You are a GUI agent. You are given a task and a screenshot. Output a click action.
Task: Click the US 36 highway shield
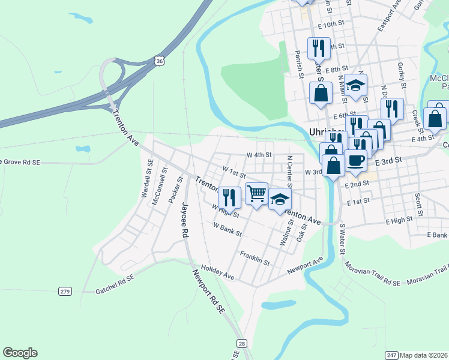(158, 61)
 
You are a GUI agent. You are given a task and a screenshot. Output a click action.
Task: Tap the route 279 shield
(65, 291)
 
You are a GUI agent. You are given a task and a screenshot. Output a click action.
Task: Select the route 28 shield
(242, 343)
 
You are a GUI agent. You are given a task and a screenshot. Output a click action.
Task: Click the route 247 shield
(391, 355)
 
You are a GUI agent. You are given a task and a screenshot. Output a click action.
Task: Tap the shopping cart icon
(256, 193)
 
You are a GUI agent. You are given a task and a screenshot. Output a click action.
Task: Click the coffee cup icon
(356, 160)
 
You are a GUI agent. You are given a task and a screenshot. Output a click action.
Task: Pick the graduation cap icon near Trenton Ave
(279, 200)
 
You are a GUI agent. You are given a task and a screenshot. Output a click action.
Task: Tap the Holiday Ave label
(217, 272)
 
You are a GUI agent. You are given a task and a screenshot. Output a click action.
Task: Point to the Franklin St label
(255, 258)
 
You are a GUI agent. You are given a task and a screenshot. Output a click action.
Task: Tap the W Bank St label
(228, 229)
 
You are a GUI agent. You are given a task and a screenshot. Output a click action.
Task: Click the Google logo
(20, 353)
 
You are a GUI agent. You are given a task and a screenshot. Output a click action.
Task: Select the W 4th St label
(259, 155)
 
